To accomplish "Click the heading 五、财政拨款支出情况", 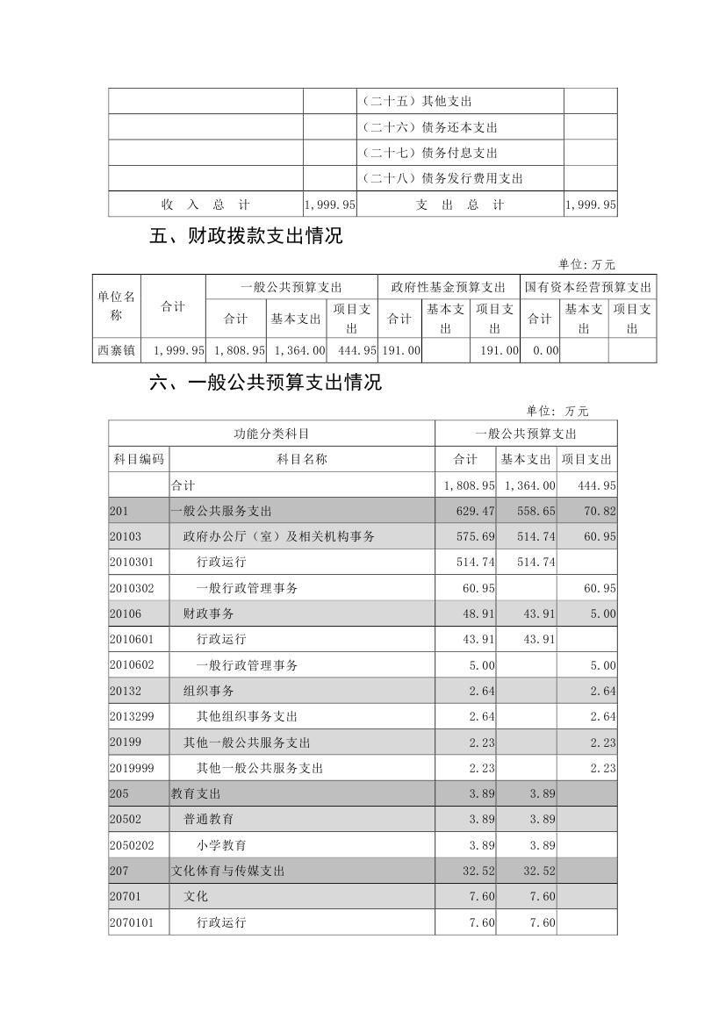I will [x=246, y=236].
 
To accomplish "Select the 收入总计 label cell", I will [x=205, y=204].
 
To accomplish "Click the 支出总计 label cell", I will [x=460, y=204].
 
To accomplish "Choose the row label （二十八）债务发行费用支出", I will [x=442, y=179].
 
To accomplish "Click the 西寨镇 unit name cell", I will [x=116, y=350].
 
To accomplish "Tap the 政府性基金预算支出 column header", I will [x=448, y=287].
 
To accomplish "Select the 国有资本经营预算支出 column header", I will [x=588, y=287].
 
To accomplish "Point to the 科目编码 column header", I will [x=139, y=459].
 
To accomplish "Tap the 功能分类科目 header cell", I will [x=271, y=434].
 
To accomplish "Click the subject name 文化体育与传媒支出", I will [x=227, y=872].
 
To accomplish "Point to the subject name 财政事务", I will [x=208, y=613].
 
